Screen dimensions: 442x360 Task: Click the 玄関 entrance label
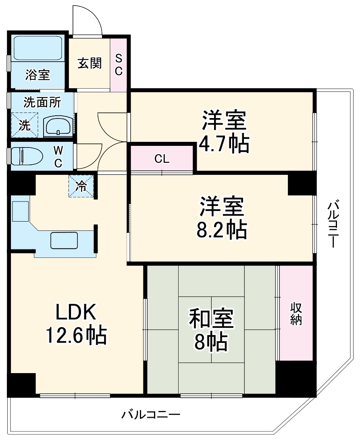coord(89,63)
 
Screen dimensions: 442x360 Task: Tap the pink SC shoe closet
coord(119,64)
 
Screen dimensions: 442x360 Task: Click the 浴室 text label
coord(37,75)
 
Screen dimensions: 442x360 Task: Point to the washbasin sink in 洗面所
coord(59,127)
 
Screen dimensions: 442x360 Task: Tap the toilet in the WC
coord(27,156)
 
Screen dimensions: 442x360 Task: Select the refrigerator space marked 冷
coord(81,186)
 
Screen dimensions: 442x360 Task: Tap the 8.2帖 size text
coord(222,229)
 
